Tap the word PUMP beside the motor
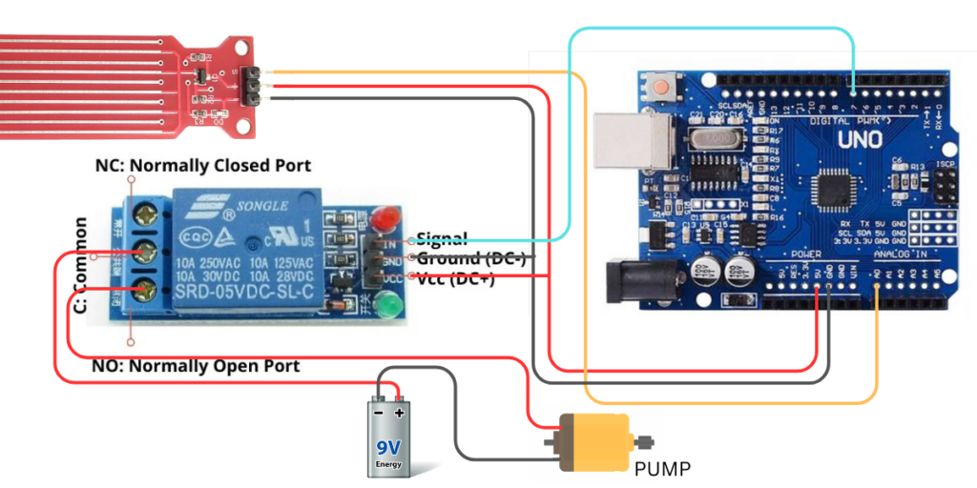coord(661,469)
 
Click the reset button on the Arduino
coord(660,88)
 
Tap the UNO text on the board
coord(863,138)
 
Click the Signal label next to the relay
coord(442,238)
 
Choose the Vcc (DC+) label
coord(455,278)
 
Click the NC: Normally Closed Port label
coord(192,166)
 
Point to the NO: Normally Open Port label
coord(196,366)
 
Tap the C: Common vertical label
coord(81,265)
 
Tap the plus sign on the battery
coord(399,413)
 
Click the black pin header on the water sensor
coord(252,86)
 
